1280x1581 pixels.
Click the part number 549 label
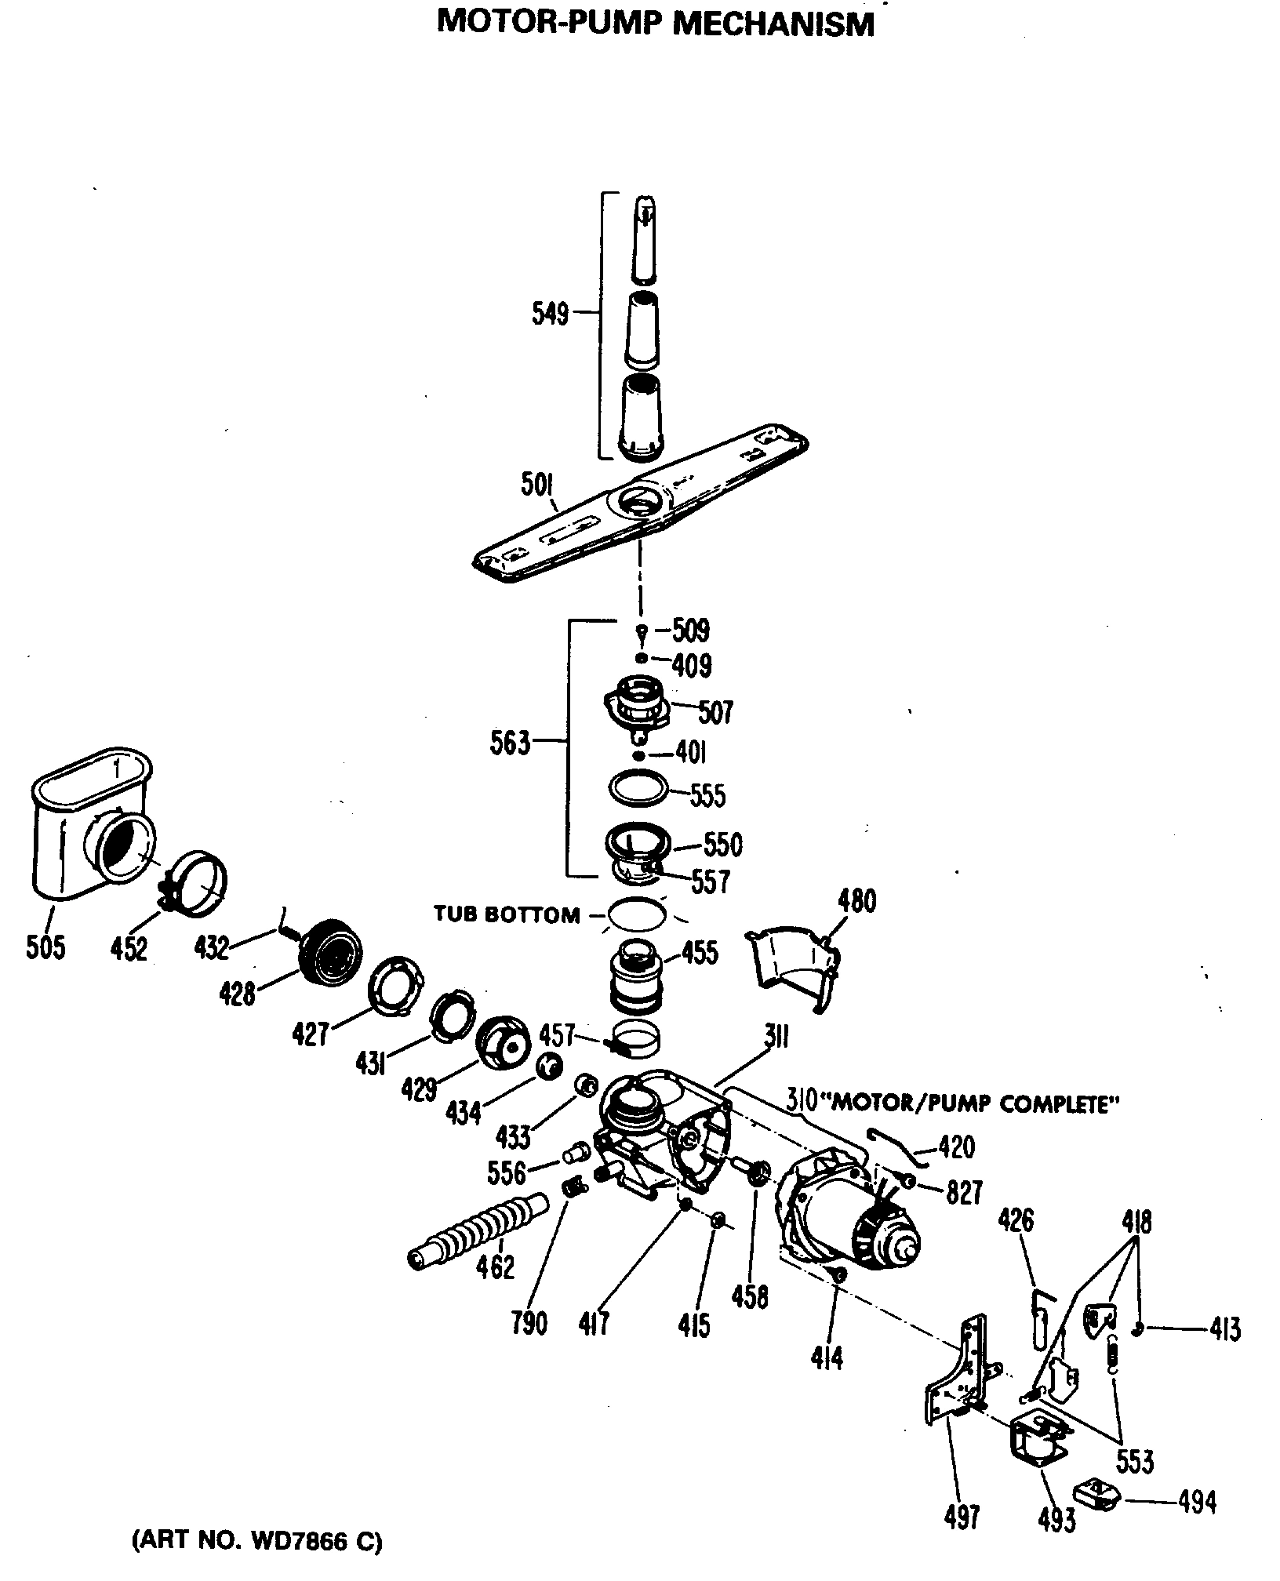(550, 314)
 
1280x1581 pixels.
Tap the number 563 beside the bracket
(510, 742)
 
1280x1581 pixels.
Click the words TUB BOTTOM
(507, 914)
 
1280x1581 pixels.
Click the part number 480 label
(856, 901)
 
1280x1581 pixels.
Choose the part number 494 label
(1197, 1501)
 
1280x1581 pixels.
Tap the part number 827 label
(963, 1193)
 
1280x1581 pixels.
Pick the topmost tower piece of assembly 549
(645, 240)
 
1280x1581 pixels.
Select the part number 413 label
(1224, 1329)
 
